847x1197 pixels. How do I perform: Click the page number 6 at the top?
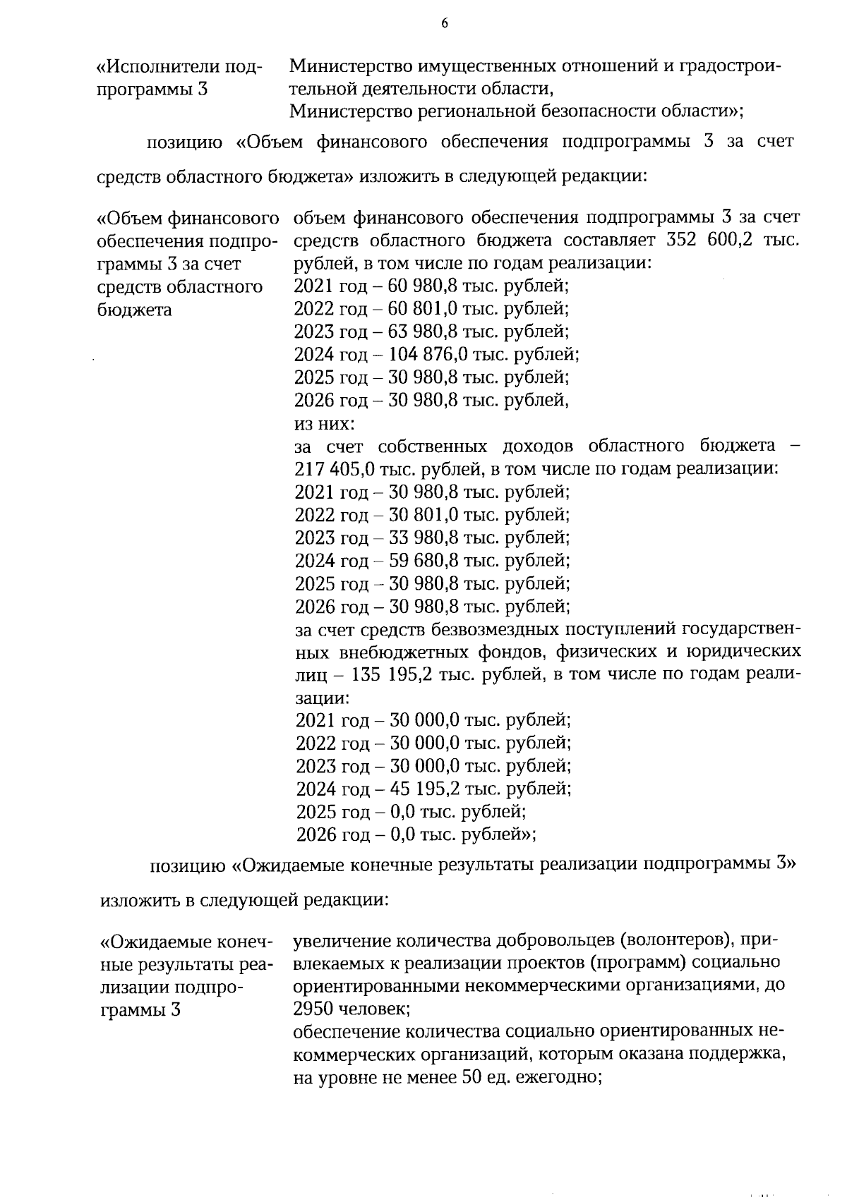point(445,23)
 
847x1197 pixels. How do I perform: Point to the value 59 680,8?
point(423,561)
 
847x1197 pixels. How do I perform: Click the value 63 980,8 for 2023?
point(422,332)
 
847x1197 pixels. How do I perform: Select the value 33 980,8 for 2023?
point(423,537)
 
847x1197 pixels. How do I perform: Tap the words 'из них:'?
point(324,424)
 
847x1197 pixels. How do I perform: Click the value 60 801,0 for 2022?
point(422,308)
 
